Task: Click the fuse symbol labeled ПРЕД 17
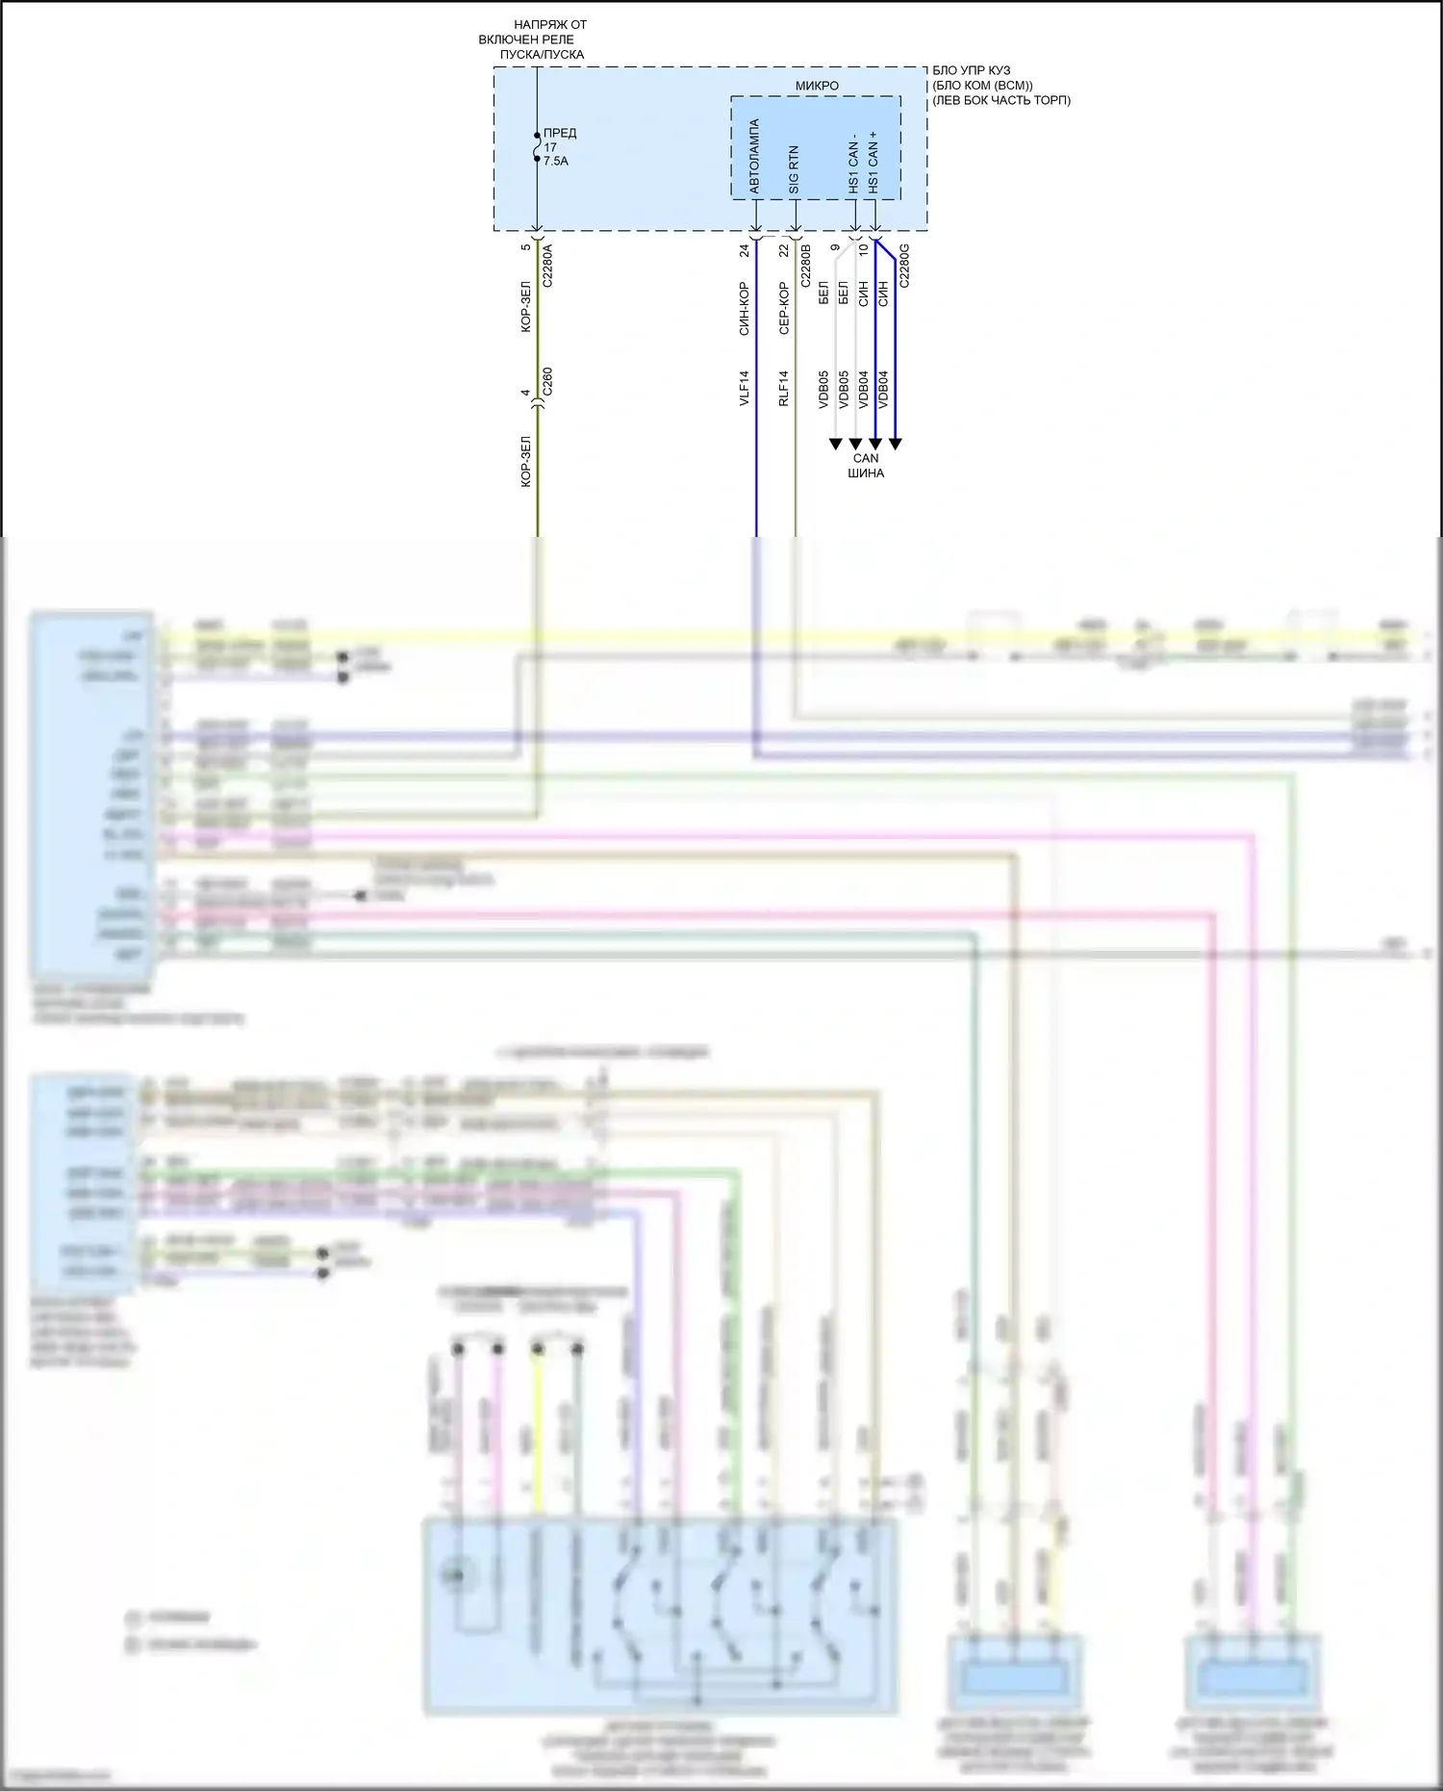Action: tap(537, 146)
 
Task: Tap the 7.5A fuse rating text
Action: tap(556, 162)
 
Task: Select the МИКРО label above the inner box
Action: tap(817, 86)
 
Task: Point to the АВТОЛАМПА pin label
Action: tap(754, 156)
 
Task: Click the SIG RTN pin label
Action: tap(794, 169)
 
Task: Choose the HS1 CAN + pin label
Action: tap(873, 163)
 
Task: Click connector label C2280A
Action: tap(547, 266)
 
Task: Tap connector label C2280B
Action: tap(805, 266)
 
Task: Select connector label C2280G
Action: tap(903, 266)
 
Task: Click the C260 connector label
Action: tap(547, 382)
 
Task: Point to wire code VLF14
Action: tap(745, 388)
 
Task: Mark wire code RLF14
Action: tap(784, 388)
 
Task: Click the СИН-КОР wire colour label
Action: tap(745, 308)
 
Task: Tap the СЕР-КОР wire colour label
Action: tap(784, 308)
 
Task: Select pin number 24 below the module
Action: tap(745, 250)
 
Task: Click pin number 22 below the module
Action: tap(784, 250)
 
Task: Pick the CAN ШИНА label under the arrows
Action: tap(866, 466)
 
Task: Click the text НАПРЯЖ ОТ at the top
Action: tap(550, 25)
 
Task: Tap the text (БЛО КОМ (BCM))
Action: tap(982, 86)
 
